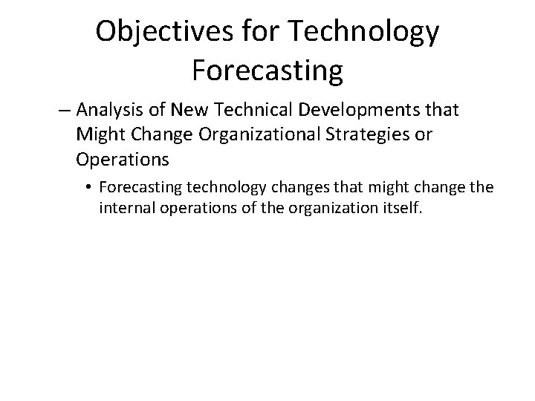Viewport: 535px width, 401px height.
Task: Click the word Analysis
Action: click(104, 111)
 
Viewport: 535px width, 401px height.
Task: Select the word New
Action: click(184, 111)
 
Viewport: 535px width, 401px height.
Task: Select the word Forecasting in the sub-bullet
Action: click(139, 186)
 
